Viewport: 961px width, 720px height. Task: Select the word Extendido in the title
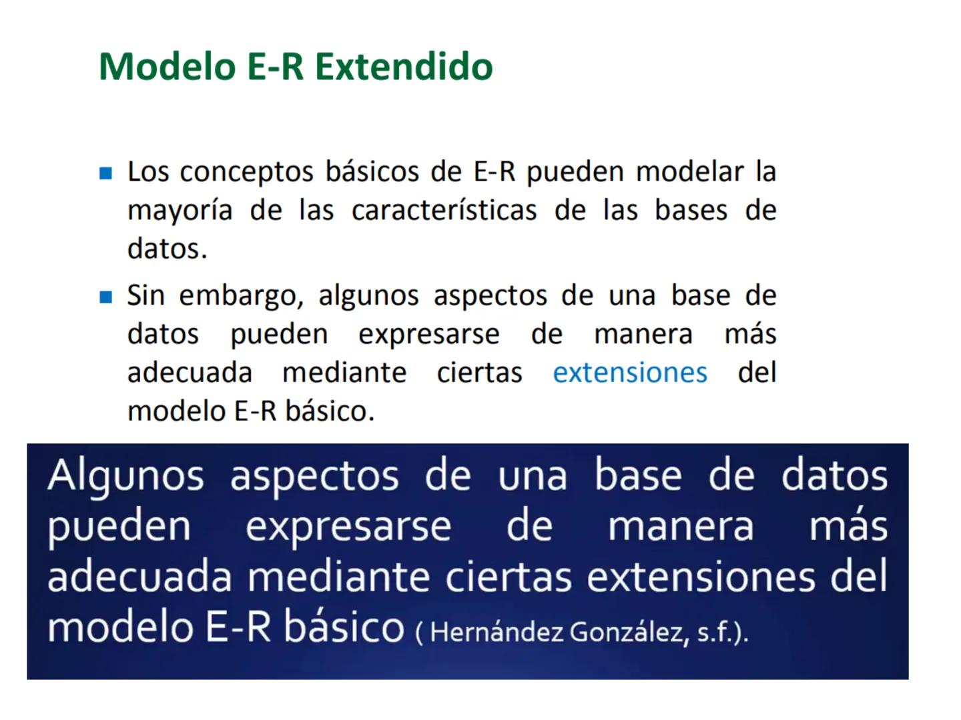click(x=404, y=67)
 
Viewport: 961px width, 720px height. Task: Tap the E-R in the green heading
click(x=275, y=67)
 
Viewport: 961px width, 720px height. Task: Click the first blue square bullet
click(x=105, y=173)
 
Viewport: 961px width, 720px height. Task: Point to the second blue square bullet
click(x=105, y=297)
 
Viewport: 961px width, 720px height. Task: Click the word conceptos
click(x=246, y=172)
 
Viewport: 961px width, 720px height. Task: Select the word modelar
click(x=689, y=172)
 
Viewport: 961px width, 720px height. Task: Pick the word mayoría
click(x=180, y=211)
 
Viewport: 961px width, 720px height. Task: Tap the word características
click(x=444, y=211)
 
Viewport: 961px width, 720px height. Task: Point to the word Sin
click(x=145, y=295)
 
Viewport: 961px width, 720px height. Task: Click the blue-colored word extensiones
click(x=630, y=373)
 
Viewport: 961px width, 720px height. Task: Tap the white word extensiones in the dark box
click(x=701, y=577)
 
